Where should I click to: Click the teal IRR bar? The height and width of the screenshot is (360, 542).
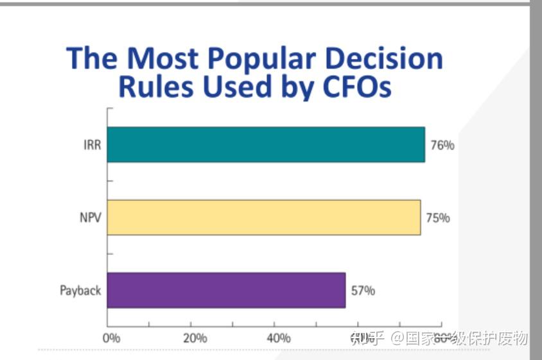pos(266,144)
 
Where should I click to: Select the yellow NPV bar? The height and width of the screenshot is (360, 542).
pos(263,217)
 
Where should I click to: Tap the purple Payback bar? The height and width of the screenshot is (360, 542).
pos(226,290)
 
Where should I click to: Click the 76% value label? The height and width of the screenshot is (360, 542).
pos(442,146)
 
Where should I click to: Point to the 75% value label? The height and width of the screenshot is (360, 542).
pos(438,218)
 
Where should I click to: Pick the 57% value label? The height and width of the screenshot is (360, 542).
pos(363,291)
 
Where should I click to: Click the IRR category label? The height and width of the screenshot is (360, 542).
pos(91,145)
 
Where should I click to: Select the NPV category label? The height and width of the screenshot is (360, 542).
pos(90,218)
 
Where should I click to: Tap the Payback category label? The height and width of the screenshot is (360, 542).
pos(80,291)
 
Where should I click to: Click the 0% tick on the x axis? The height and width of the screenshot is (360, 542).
pos(111,338)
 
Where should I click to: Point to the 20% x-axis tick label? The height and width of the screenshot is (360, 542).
pos(195,338)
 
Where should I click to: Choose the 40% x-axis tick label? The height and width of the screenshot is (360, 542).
pos(278,338)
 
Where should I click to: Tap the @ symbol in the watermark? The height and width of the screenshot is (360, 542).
pos(398,338)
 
